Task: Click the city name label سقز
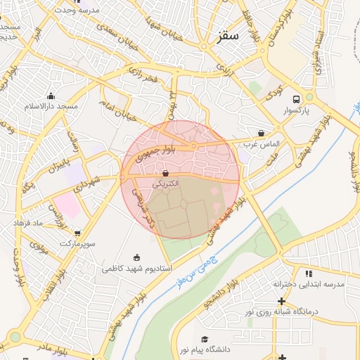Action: tap(229, 36)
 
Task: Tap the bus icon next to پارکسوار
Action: tap(296, 99)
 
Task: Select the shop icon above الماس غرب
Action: tap(262, 133)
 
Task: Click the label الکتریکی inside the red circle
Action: tap(166, 184)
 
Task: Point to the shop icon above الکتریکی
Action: tap(165, 172)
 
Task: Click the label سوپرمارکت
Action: tap(76, 243)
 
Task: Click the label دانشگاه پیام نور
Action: tap(204, 349)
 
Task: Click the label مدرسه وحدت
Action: tap(77, 11)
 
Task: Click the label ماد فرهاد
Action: tap(28, 222)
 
